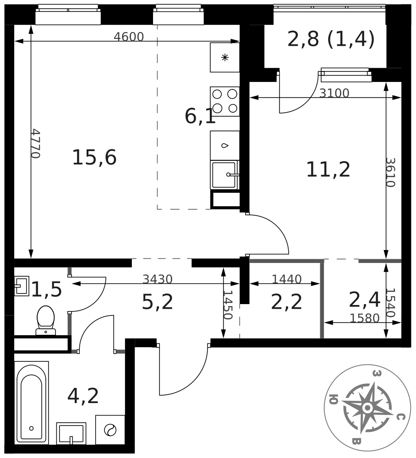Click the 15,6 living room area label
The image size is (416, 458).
94,158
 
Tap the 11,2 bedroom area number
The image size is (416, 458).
328,170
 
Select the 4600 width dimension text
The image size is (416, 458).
129,37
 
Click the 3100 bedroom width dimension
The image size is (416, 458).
334,93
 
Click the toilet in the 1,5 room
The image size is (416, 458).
46,320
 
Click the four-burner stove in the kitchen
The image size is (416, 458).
224,101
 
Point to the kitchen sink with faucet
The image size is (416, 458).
224,174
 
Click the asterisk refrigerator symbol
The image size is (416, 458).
224,58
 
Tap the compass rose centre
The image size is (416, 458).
367,407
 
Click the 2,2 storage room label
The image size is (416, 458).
286,302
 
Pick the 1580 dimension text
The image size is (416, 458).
365,318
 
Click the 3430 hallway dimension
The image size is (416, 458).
158,279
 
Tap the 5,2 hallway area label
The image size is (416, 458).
158,302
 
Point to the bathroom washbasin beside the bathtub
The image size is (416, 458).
71,433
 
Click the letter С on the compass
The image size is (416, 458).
400,417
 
